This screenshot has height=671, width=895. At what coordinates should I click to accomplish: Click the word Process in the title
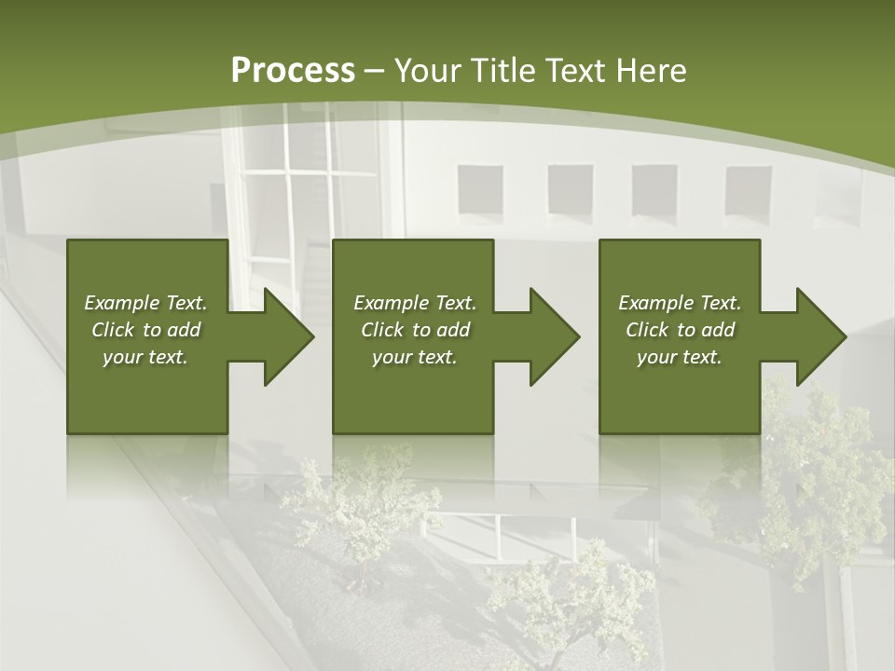click(x=293, y=71)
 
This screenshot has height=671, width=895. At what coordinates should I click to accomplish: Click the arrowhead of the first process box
click(x=284, y=336)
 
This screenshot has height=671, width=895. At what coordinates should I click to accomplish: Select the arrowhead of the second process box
click(x=551, y=336)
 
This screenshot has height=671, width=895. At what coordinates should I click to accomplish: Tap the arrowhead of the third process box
click(x=818, y=336)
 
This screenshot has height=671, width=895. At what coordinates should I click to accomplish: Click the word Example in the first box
click(x=122, y=303)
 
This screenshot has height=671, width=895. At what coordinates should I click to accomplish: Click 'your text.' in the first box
click(x=145, y=357)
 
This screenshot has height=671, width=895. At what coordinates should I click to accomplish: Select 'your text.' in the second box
click(x=414, y=357)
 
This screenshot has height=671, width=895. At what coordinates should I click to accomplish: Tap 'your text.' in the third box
click(x=680, y=357)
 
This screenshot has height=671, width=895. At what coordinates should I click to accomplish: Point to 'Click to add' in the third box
click(x=680, y=330)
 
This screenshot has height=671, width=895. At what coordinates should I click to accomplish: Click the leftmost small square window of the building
click(x=480, y=190)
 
